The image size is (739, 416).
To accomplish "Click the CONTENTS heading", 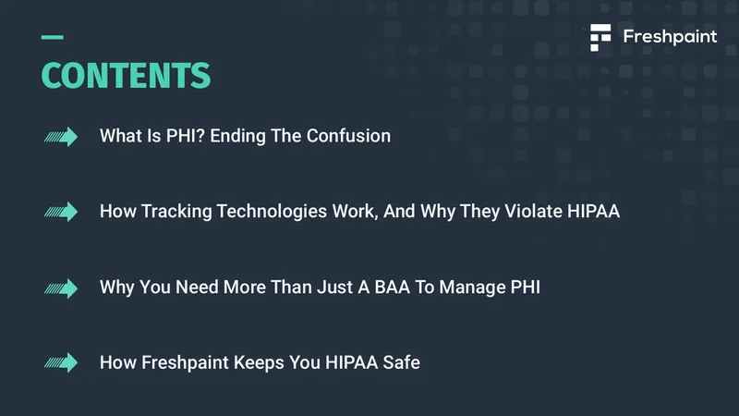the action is pos(126,76).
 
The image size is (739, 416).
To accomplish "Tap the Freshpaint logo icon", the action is pos(600,37).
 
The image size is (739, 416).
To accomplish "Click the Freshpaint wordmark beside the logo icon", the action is pos(670,37).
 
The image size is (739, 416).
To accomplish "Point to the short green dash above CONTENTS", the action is pos(53,37).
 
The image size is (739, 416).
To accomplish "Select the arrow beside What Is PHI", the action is pos(61,137).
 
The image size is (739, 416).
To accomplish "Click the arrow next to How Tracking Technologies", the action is pos(61,212).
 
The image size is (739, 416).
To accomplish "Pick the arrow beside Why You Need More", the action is pos(61,288).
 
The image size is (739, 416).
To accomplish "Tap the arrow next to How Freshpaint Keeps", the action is pos(61,362).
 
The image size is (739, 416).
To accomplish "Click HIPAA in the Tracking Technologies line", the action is pos(593,212).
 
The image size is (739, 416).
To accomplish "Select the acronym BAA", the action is pos(392,288).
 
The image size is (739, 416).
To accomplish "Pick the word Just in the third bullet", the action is pos(334,288).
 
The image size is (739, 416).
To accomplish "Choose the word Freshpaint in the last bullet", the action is pos(186,363).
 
